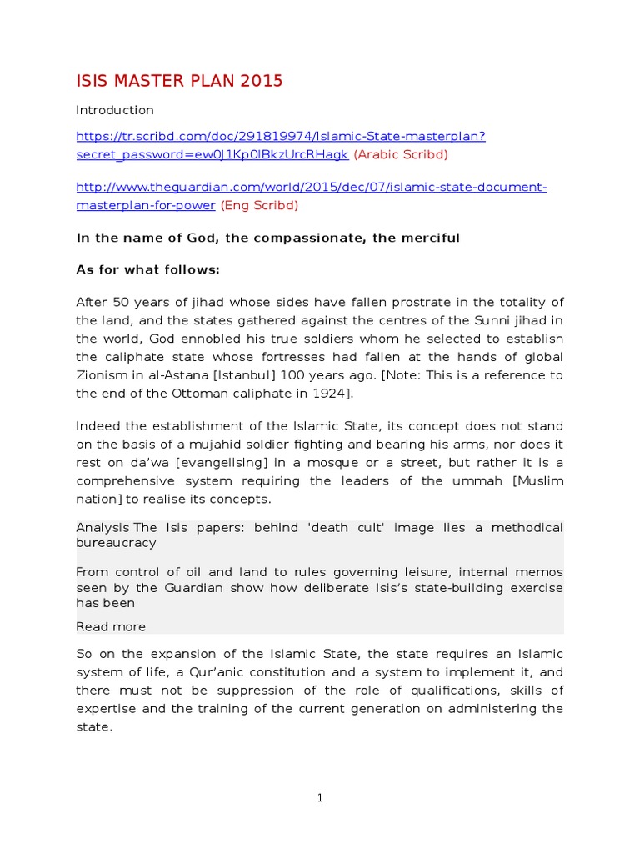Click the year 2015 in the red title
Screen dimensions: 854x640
(x=260, y=81)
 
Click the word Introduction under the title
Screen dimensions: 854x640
(x=115, y=110)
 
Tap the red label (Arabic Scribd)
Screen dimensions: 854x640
(x=401, y=154)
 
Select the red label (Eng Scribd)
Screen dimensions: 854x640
(x=258, y=205)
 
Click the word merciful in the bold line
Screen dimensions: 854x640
(x=430, y=238)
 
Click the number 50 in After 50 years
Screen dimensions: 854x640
(x=119, y=302)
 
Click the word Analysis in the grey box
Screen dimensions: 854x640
(x=102, y=527)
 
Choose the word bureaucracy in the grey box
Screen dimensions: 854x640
(x=116, y=542)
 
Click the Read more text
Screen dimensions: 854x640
(x=111, y=626)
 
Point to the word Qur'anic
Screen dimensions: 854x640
(x=227, y=671)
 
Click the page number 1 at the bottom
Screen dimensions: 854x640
(x=320, y=798)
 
